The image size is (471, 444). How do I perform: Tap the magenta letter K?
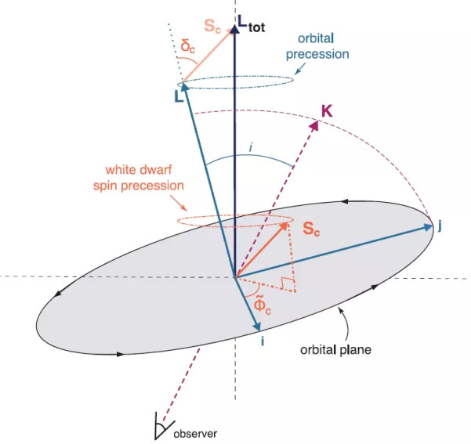[327, 111]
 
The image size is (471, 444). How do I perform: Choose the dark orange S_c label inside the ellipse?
[314, 231]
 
